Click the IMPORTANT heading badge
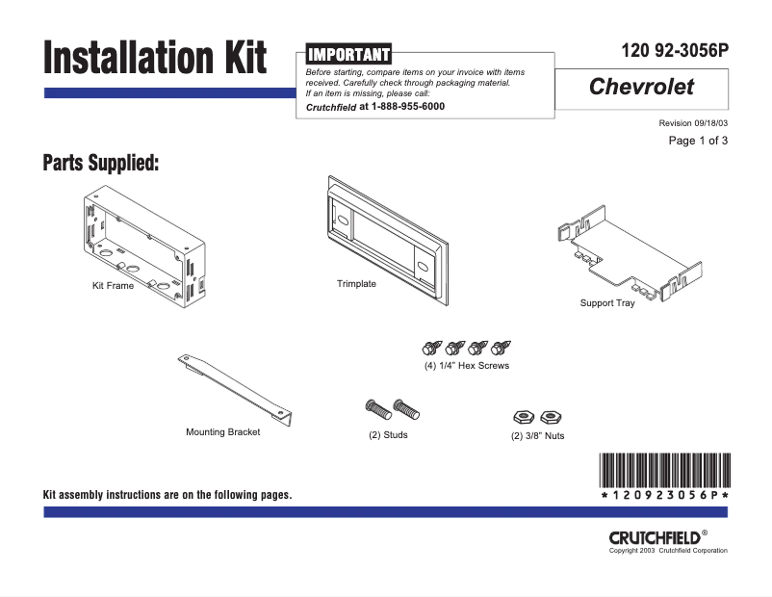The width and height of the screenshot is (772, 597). [x=347, y=54]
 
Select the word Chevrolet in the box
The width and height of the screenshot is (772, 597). [x=641, y=87]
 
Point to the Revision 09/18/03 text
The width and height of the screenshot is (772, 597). [x=693, y=123]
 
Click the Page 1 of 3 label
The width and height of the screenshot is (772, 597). [x=698, y=142]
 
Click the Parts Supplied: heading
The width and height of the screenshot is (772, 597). [x=100, y=163]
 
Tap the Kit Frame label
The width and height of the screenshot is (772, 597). [x=113, y=286]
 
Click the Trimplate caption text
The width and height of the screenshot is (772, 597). [x=356, y=284]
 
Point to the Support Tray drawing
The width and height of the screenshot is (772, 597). [x=615, y=252]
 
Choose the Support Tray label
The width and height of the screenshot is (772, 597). [x=607, y=303]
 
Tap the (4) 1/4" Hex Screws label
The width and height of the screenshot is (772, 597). [x=467, y=366]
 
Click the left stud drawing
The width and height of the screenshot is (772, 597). [x=375, y=408]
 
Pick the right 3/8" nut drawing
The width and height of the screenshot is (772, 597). [x=551, y=417]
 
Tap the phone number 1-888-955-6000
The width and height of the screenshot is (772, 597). [x=408, y=107]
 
